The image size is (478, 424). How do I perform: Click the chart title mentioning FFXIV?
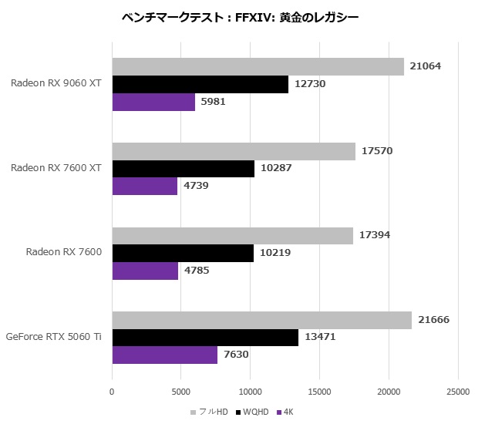click(x=240, y=17)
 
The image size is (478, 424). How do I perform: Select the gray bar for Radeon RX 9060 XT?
click(x=258, y=67)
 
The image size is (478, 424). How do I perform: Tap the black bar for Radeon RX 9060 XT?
click(x=200, y=85)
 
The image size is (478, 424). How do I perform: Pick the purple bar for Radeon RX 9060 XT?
click(x=153, y=102)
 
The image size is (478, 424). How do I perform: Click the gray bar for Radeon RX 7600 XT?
click(x=234, y=151)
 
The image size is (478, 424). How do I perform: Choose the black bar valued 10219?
click(x=183, y=253)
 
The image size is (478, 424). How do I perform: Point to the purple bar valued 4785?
click(x=145, y=271)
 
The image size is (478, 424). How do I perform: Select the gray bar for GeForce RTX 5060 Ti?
click(x=262, y=320)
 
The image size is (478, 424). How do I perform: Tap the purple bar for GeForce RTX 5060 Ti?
click(x=165, y=355)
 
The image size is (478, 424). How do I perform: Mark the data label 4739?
click(x=196, y=186)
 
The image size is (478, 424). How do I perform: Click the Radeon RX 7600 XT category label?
click(x=56, y=168)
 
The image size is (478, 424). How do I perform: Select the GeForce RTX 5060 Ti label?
click(x=53, y=337)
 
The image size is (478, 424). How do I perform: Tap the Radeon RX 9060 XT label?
click(x=56, y=84)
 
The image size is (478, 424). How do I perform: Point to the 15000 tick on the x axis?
click(x=319, y=392)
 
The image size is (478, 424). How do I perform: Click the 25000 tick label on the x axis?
click(x=458, y=392)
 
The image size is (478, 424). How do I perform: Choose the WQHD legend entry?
click(x=254, y=412)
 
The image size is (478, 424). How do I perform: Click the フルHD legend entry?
click(x=213, y=412)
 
